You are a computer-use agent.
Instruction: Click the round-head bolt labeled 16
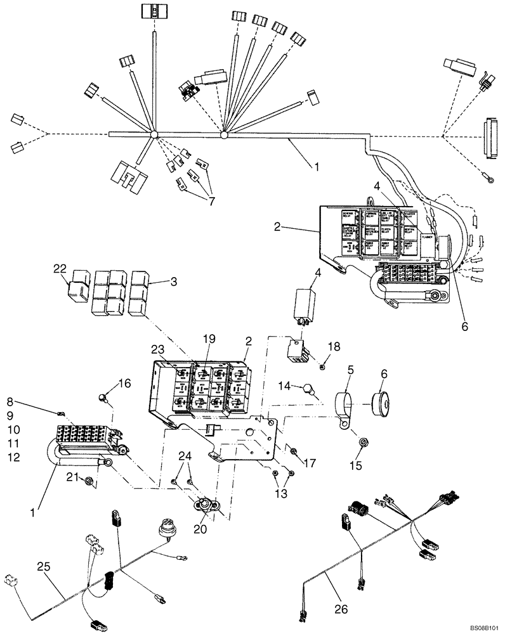[102, 398]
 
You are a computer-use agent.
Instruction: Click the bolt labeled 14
[309, 388]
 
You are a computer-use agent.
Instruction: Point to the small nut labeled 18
[323, 366]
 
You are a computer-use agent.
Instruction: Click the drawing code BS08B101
[485, 627]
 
